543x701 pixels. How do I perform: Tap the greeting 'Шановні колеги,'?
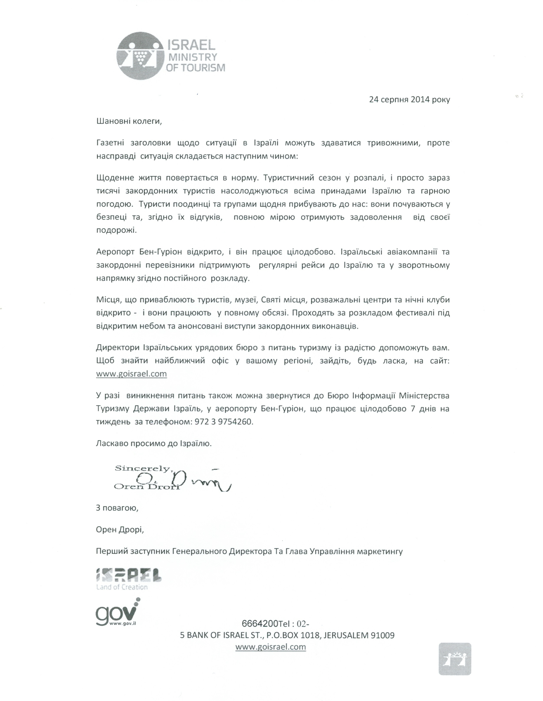(x=129, y=121)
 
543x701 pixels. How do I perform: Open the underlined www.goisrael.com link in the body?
(x=131, y=374)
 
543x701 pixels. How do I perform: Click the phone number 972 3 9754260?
(x=223, y=422)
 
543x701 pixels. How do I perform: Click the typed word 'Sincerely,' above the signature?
(x=144, y=468)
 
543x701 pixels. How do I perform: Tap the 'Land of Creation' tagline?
(x=122, y=587)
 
